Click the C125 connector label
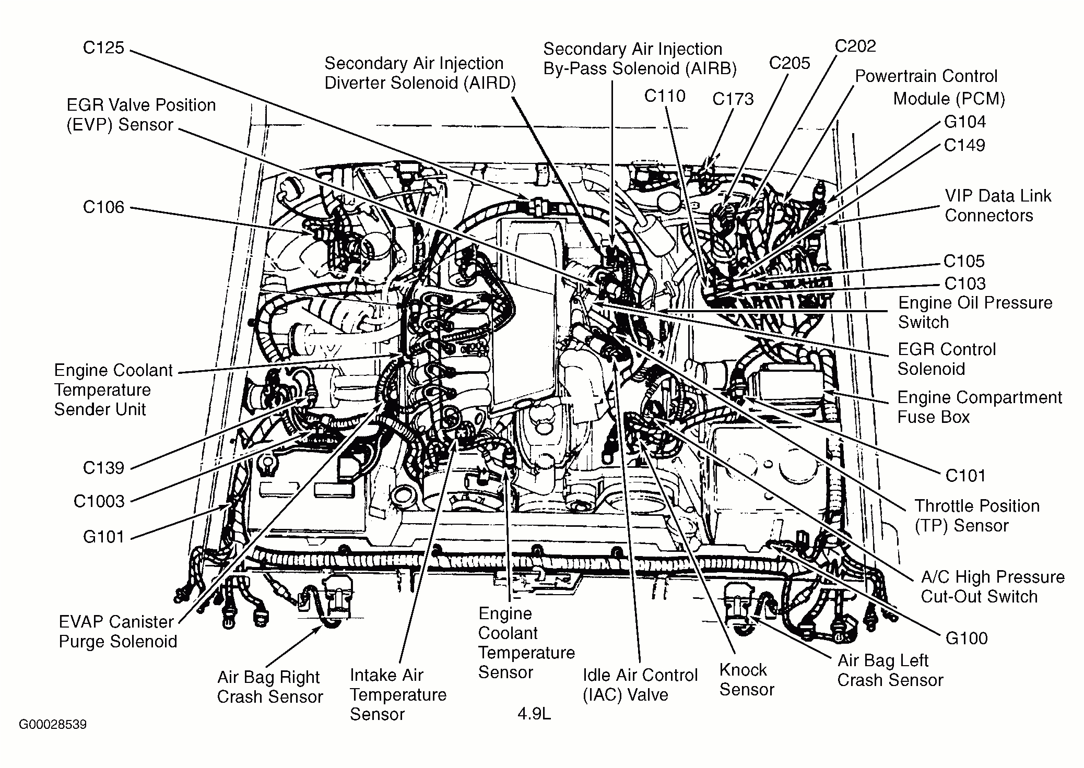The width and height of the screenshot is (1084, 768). [103, 48]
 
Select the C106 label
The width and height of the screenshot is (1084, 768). [103, 207]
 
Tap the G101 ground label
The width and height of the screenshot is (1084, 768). [103, 537]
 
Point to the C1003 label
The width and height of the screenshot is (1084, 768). [99, 501]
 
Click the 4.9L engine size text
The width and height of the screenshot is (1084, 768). [534, 714]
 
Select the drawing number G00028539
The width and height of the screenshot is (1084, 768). [53, 725]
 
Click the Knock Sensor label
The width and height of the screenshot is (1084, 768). [746, 679]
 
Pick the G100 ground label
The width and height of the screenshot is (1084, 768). [967, 638]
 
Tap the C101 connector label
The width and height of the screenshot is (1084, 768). [965, 476]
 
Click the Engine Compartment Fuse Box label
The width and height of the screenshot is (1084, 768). [979, 407]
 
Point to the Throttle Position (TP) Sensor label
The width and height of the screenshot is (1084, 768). [976, 515]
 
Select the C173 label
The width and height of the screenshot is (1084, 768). [733, 99]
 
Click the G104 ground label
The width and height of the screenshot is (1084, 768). [964, 122]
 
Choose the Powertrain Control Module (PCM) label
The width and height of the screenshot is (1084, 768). [929, 87]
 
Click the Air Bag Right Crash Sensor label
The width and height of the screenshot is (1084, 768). [269, 687]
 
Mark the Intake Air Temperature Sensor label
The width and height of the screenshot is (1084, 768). [398, 694]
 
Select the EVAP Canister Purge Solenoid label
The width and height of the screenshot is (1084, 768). [117, 631]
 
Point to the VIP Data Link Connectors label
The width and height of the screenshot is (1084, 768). [997, 206]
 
